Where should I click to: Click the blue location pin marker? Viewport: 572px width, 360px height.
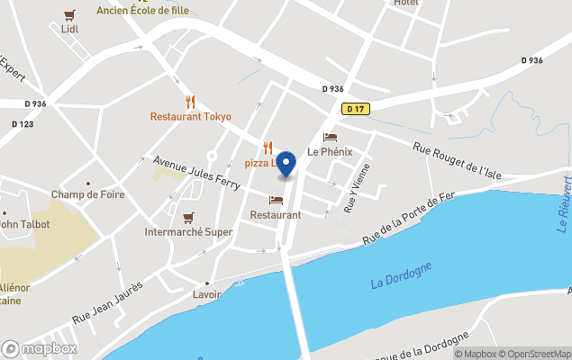(286, 164)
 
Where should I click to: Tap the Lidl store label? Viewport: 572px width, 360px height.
(70, 28)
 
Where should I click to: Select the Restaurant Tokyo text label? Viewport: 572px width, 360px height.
(190, 117)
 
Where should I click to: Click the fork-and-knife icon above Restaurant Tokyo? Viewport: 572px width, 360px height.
(190, 102)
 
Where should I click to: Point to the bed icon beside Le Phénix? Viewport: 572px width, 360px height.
(330, 138)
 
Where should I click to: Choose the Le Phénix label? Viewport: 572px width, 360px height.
(330, 152)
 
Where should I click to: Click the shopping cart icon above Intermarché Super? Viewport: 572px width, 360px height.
(188, 217)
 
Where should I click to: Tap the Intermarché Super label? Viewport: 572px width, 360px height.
(188, 232)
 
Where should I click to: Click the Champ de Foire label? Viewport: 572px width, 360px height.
(87, 195)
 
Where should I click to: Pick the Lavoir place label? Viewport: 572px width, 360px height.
(207, 294)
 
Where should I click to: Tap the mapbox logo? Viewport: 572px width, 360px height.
(40, 348)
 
